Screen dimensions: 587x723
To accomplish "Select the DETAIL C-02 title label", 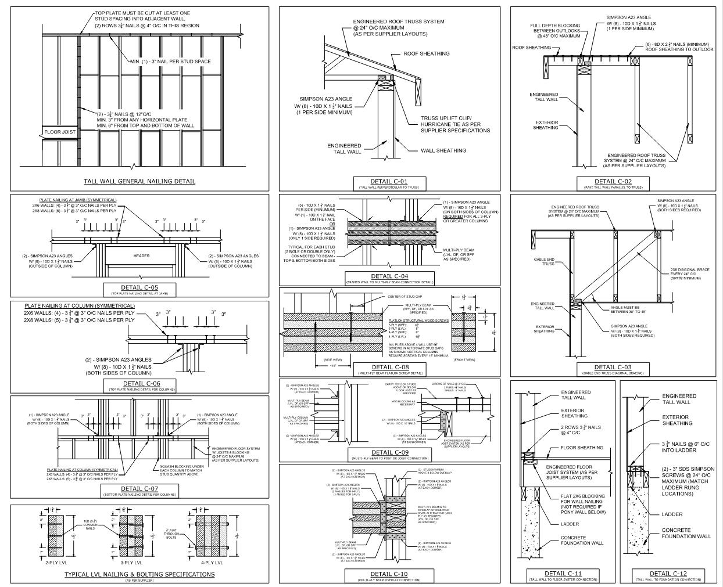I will click(613, 182).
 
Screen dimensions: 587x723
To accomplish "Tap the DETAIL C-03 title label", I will click(613, 368).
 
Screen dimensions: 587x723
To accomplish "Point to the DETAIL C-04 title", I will click(389, 276).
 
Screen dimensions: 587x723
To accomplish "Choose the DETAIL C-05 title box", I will click(139, 288).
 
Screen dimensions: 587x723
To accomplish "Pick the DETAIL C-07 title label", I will click(139, 489).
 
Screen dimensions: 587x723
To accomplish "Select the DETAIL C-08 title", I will click(389, 368).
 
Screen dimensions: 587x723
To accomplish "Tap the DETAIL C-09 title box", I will click(389, 453).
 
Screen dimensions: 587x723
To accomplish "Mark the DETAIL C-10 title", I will click(389, 574).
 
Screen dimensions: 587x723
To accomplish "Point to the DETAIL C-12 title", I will click(668, 574).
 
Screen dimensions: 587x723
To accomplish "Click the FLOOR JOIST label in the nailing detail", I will click(60, 132).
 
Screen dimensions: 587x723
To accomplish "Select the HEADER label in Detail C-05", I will click(141, 255).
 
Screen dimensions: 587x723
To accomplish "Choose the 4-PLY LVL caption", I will click(211, 563).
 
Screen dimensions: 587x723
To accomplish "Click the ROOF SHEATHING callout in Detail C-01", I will click(427, 54).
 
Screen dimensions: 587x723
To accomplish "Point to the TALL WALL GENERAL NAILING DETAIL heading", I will click(139, 181).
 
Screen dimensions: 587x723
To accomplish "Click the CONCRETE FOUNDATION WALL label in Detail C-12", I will click(686, 533).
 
